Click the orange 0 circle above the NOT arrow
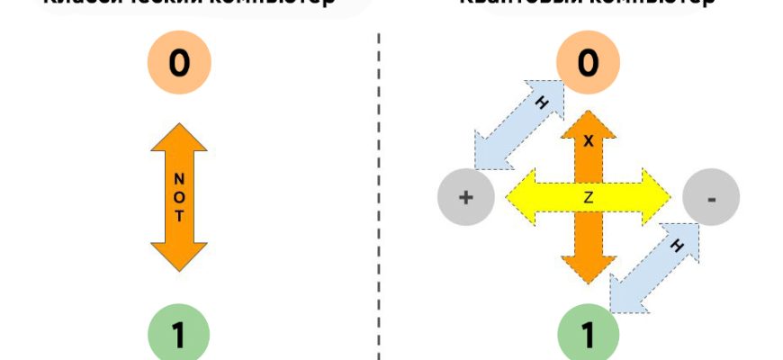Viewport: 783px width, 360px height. point(178,63)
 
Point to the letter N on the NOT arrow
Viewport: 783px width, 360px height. point(178,177)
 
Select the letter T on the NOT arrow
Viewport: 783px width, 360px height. point(178,216)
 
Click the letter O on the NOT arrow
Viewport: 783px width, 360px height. point(178,196)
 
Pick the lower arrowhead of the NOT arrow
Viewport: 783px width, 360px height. point(178,256)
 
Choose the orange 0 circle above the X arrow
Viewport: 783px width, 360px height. point(588,63)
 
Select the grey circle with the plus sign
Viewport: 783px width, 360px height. point(465,197)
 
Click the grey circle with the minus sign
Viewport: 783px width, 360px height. point(711,197)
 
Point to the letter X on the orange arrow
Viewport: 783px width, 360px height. point(589,142)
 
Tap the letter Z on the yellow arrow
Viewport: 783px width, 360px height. point(589,198)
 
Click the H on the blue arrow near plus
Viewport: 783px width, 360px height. point(541,103)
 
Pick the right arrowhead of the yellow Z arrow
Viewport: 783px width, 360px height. point(655,197)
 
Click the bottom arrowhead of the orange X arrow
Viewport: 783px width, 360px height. point(589,268)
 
